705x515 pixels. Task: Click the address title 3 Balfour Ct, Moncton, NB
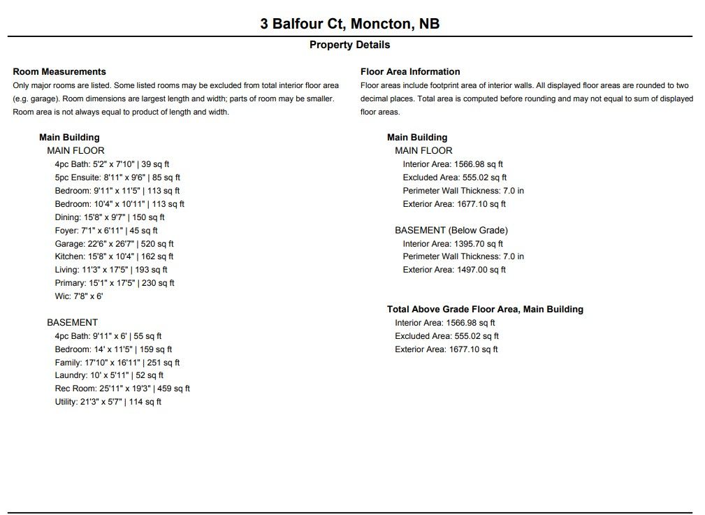pos(349,24)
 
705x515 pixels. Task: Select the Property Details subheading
pos(349,45)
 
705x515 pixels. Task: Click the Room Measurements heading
pos(59,71)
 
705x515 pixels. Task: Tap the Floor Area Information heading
pos(410,71)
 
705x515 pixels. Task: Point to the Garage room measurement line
pos(114,244)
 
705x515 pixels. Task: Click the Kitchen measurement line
pos(115,256)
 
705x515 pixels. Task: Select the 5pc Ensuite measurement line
pos(117,177)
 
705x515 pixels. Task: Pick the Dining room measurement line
pos(110,217)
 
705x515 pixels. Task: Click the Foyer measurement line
pos(106,231)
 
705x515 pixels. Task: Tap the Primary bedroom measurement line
pos(115,283)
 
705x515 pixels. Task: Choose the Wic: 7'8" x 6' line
pos(79,296)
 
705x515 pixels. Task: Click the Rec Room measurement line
pos(122,389)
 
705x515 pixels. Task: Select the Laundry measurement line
pos(109,375)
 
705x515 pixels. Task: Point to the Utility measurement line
pos(108,402)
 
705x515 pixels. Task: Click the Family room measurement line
pos(117,363)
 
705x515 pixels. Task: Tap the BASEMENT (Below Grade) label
pos(451,230)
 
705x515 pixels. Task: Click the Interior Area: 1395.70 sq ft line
pos(453,244)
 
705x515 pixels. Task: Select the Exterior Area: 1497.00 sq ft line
pos(454,270)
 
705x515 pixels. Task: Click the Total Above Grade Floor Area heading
pos(485,309)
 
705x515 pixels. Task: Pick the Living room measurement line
pos(111,270)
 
